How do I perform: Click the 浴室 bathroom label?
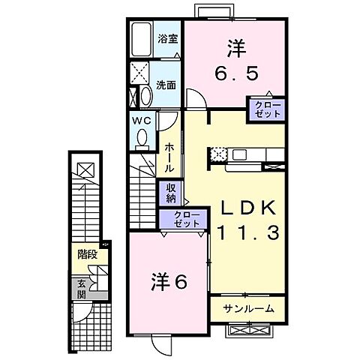point(167,39)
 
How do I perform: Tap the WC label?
point(142,120)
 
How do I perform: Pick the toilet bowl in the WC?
point(142,136)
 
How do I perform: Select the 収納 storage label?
point(171,193)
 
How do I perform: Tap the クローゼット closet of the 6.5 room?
point(268,108)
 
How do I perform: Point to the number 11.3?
point(249,233)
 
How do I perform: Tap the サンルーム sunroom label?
point(247,307)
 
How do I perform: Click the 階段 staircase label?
point(88,255)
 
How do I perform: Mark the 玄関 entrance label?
point(81,289)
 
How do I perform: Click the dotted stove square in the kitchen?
point(218,154)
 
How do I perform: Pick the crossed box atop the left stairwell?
point(86,169)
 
